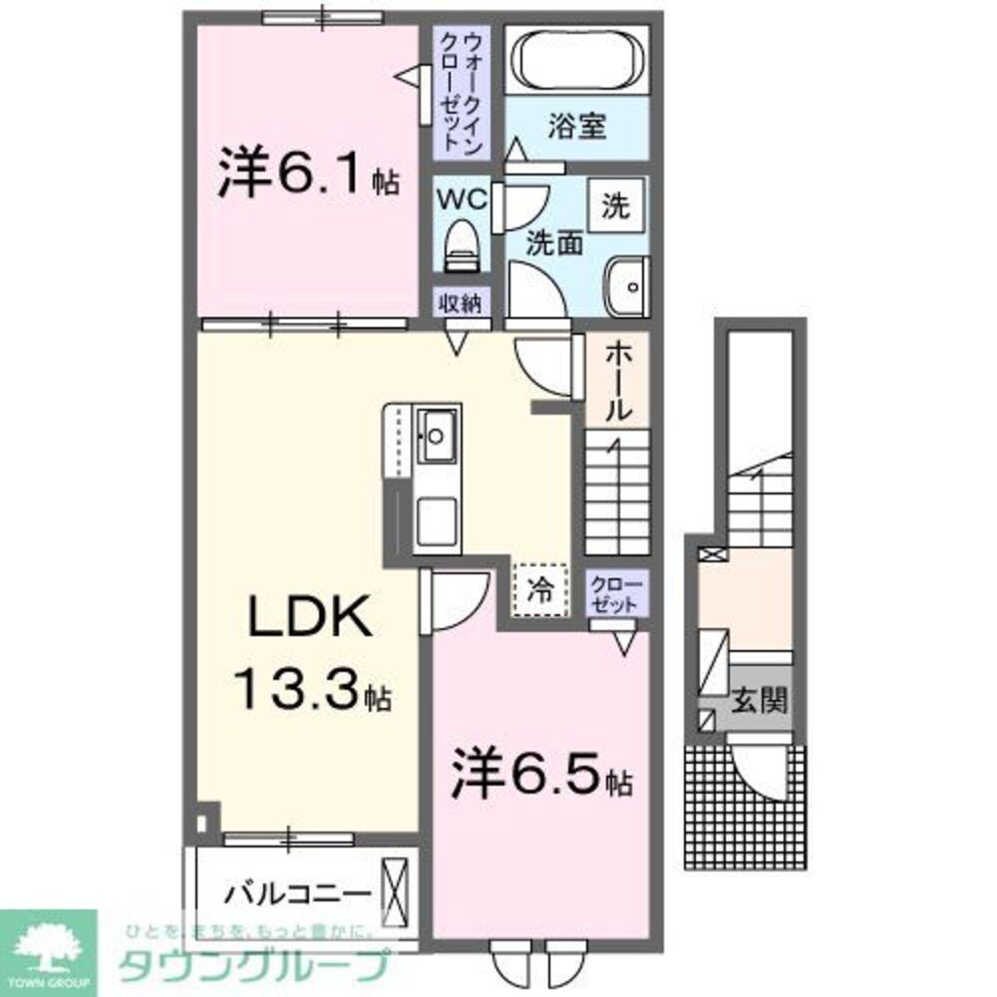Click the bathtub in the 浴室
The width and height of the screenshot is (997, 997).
[x=577, y=60]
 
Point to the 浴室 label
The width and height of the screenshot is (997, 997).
[x=577, y=128]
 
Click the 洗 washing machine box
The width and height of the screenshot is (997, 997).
[x=615, y=206]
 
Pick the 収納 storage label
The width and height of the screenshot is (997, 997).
[x=461, y=303]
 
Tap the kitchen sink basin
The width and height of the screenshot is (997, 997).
[x=437, y=435]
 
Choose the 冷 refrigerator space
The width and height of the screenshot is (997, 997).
[x=539, y=589]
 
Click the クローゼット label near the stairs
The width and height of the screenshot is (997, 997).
[x=617, y=594]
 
